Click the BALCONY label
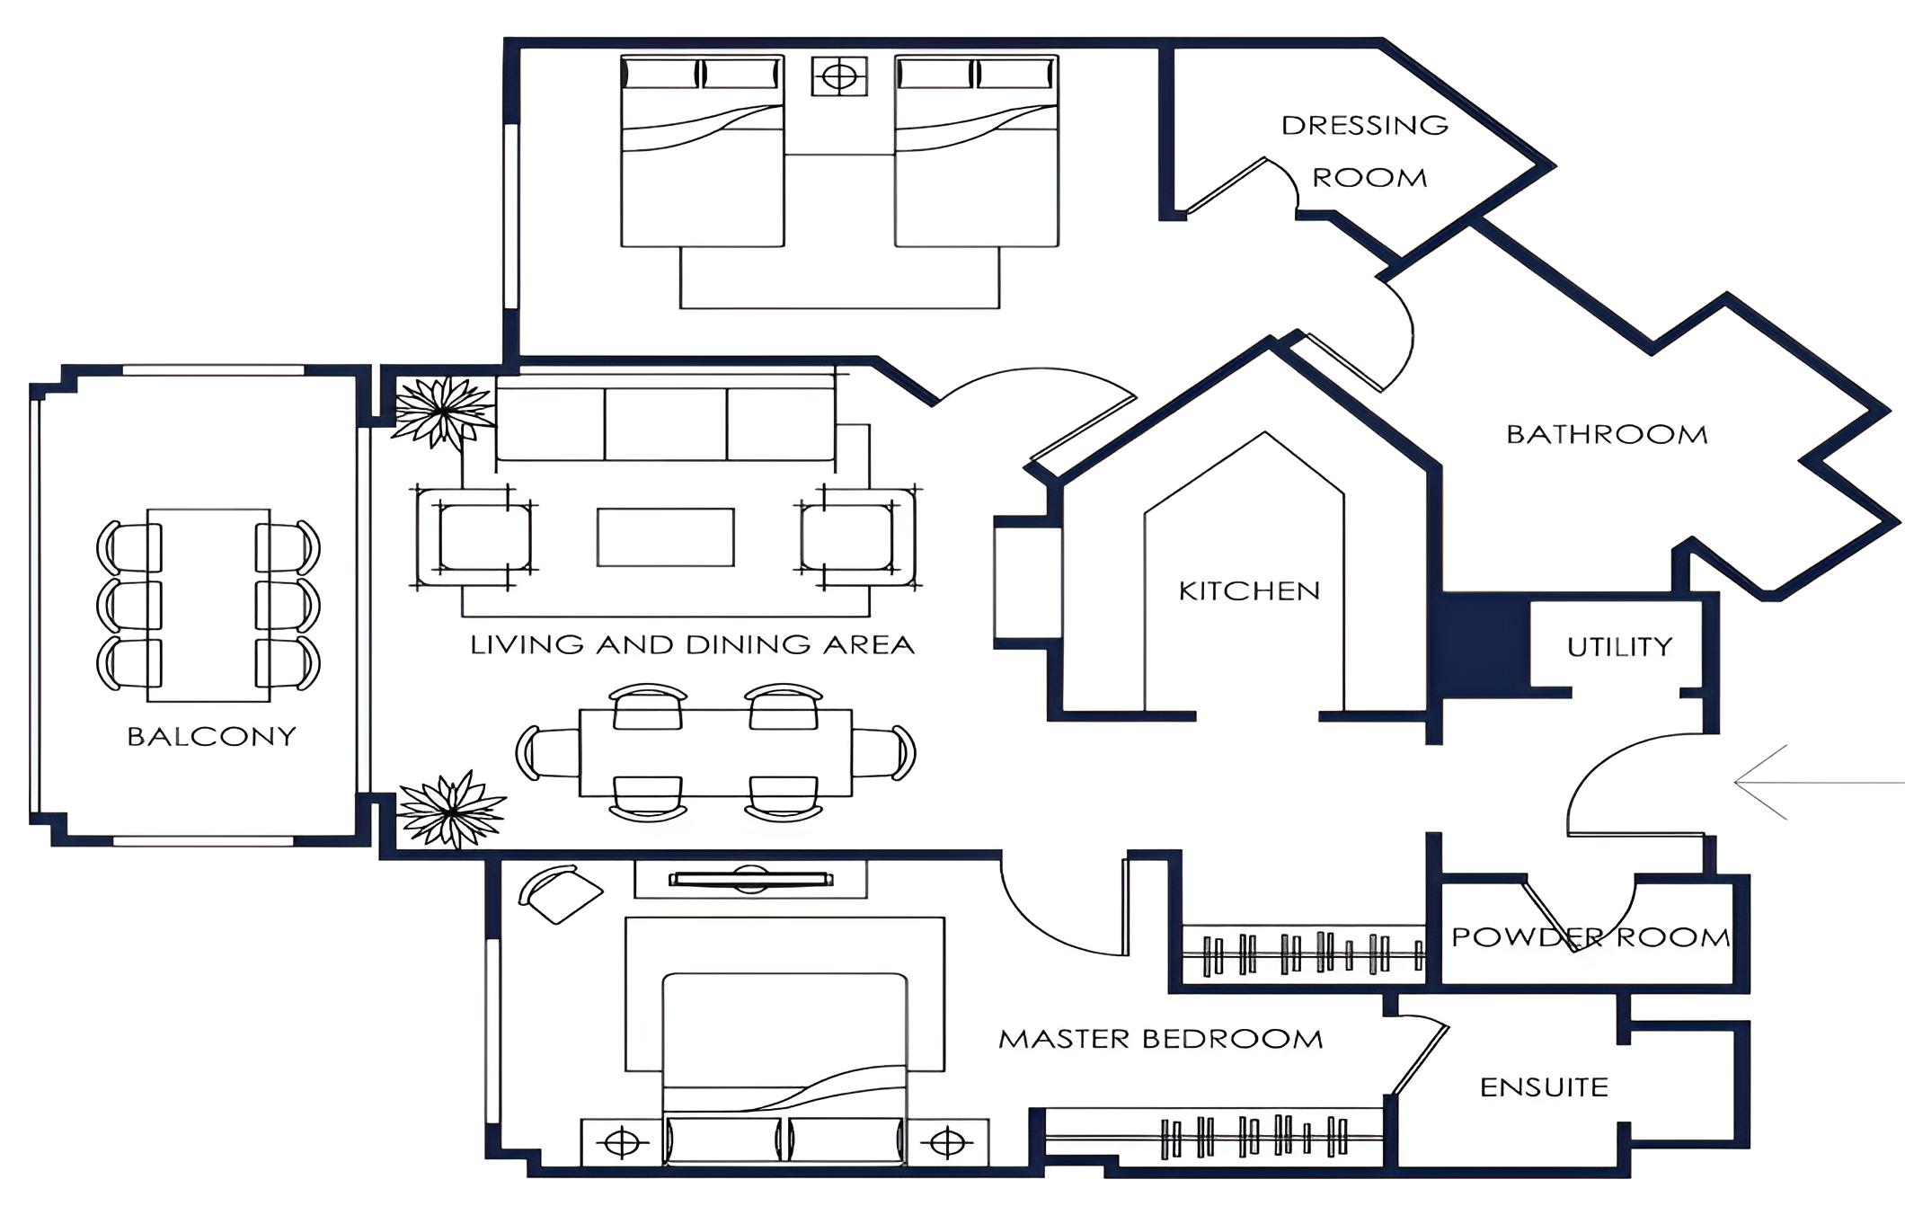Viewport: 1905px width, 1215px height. (211, 737)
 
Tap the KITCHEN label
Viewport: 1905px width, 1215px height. (1249, 590)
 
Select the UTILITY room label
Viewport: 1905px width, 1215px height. (1619, 647)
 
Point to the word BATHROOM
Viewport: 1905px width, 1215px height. (1607, 435)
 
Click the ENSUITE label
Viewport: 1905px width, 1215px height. (1544, 1087)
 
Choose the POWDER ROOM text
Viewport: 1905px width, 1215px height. (1590, 937)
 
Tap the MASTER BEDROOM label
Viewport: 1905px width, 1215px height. (1161, 1039)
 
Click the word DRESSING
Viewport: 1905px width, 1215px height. (1365, 125)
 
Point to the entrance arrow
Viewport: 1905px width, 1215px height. (1819, 783)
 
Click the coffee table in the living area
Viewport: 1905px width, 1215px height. (666, 537)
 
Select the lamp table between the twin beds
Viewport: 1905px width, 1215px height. (839, 76)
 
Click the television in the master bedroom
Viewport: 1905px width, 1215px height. (750, 879)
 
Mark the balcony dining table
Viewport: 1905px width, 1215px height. (208, 605)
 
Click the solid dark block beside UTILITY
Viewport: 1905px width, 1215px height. (1484, 643)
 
